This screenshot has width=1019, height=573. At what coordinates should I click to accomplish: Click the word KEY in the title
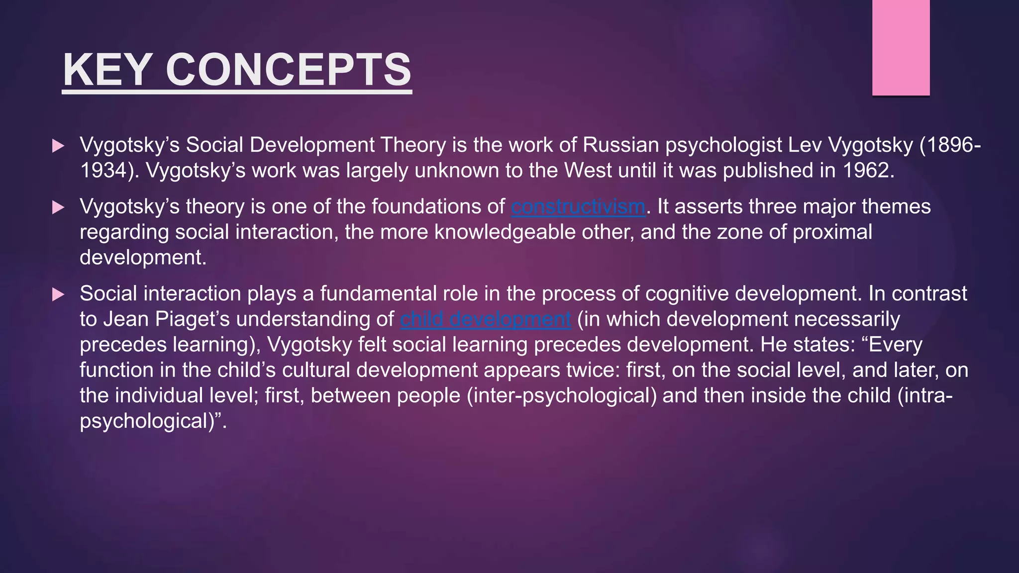[107, 70]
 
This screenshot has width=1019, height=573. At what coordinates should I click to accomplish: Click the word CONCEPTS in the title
[288, 70]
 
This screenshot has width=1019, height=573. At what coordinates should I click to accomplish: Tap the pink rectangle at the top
[901, 48]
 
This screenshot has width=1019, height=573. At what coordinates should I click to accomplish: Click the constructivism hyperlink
[578, 207]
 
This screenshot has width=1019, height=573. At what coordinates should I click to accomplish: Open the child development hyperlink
[485, 319]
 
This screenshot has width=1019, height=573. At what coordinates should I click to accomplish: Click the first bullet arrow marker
[58, 146]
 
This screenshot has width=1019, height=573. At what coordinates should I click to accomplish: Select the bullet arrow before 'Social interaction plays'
[58, 294]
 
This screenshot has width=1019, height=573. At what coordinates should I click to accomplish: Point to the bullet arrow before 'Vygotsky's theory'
[58, 207]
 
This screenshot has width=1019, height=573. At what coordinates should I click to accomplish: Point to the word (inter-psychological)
[561, 396]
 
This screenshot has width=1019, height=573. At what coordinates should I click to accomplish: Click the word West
[588, 171]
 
